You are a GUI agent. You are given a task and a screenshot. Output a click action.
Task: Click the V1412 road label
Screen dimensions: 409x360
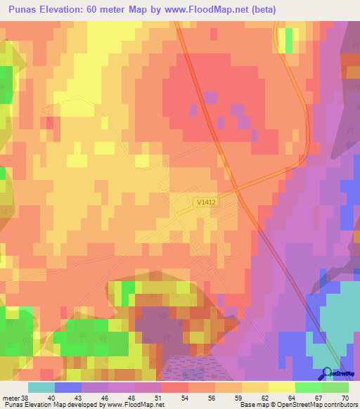click(x=205, y=202)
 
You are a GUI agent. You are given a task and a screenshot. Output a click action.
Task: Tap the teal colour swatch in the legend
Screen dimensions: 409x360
click(x=41, y=387)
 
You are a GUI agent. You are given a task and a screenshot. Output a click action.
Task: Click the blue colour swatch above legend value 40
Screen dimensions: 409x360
click(x=68, y=387)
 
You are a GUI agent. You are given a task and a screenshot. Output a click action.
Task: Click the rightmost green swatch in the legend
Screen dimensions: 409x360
click(x=335, y=387)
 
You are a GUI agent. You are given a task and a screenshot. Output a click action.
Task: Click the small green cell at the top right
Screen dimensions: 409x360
click(x=288, y=39)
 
